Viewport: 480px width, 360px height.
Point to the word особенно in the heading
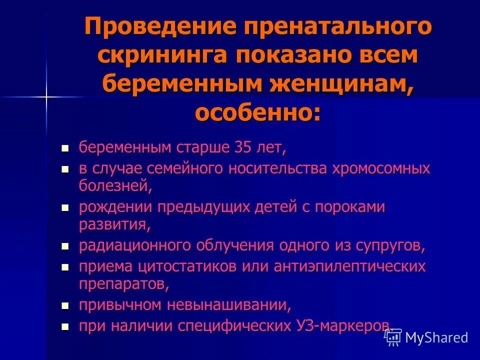pos(253,113)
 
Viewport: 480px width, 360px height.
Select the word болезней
pos(114,186)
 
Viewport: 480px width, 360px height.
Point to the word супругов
pos(389,246)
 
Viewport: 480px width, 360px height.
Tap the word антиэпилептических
pos(349,266)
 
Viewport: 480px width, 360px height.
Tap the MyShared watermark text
pos(436,337)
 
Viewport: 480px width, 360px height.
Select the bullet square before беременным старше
pos(64,148)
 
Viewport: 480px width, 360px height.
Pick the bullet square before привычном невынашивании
pos(64,305)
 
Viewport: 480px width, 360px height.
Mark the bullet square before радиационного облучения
pos(64,246)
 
